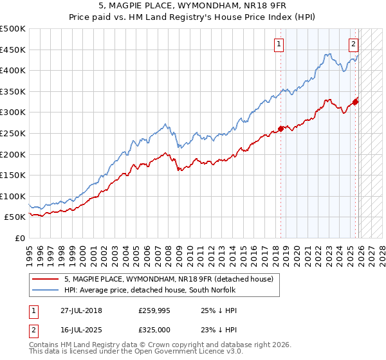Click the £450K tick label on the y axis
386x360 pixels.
pyautogui.click(x=14, y=50)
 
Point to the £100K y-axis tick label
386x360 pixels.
pyautogui.click(x=14, y=196)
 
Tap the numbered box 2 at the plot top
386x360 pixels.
pyautogui.click(x=353, y=44)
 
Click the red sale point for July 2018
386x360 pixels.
pyautogui.click(x=280, y=127)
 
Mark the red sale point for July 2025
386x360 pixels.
pyautogui.click(x=355, y=100)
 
